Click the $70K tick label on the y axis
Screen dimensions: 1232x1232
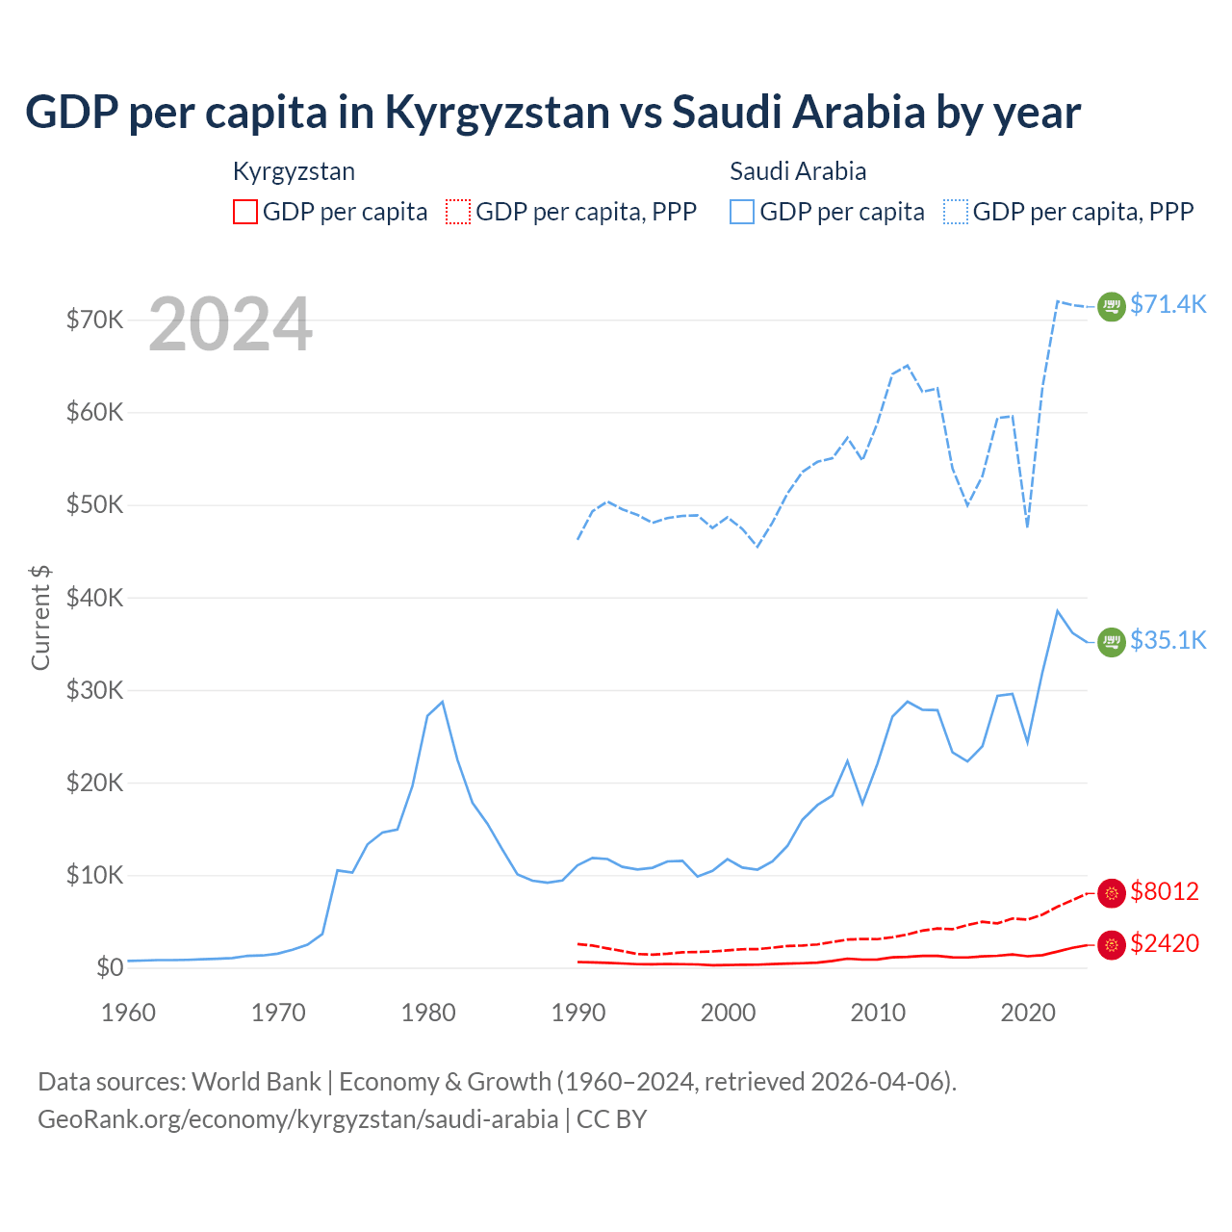[94, 320]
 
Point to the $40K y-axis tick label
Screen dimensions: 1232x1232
[94, 598]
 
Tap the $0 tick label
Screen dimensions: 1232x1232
[110, 967]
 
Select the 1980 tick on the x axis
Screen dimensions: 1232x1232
[428, 1013]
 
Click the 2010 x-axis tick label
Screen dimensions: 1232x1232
[878, 1013]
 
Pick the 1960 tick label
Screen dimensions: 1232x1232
[129, 1013]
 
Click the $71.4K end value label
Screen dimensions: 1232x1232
[1168, 304]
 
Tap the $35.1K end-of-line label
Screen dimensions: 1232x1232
[1168, 640]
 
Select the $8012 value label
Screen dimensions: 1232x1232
[1165, 891]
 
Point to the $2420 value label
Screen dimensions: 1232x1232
[1165, 943]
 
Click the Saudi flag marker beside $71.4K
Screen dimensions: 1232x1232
[1112, 306]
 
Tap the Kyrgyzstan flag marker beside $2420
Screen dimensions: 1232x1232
[1112, 946]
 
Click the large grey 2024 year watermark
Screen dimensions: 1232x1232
[231, 324]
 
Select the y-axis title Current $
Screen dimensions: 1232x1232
[40, 617]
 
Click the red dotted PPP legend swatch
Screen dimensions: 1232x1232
[458, 212]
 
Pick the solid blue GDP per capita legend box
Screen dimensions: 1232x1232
[742, 212]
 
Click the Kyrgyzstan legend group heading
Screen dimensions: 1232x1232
[294, 171]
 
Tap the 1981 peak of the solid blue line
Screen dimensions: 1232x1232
[442, 702]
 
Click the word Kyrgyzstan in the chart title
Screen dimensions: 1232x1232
[497, 113]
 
